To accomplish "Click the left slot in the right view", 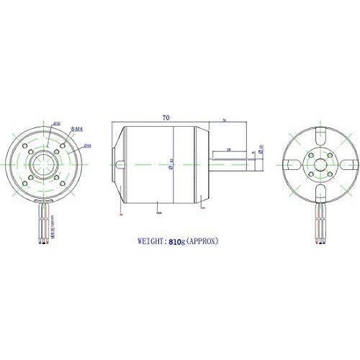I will tap(291, 166).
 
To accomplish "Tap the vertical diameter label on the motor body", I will tap(171, 165).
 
